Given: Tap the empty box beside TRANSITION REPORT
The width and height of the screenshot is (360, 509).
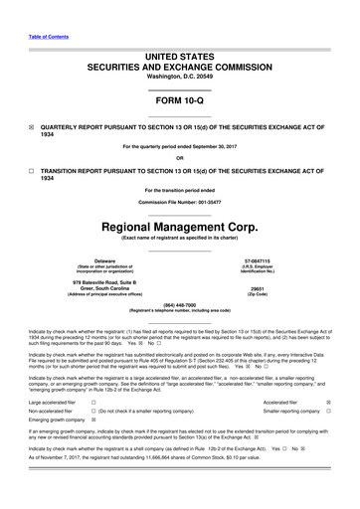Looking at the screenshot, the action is click(x=32, y=171).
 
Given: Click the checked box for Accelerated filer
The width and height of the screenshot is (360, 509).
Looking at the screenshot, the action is click(x=328, y=402).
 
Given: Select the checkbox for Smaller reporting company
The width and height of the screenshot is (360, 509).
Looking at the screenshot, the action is click(x=328, y=410).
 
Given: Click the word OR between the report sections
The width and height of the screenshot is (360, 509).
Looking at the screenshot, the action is click(x=179, y=157).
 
